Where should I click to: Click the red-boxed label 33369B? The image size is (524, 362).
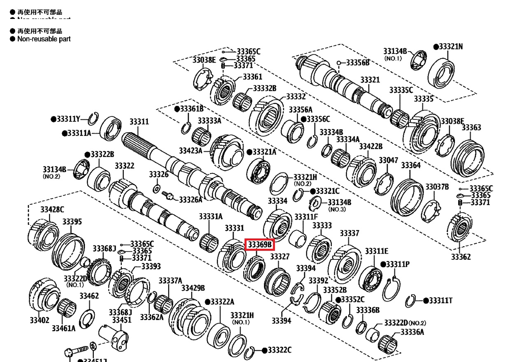pyautogui.click(x=259, y=245)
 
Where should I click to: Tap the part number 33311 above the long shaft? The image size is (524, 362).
pyautogui.click(x=139, y=122)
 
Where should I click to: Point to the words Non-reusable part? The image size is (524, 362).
pyautogui.click(x=44, y=39)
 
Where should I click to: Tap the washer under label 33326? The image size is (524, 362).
pyautogui.click(x=157, y=189)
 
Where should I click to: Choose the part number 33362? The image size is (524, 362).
pyautogui.click(x=461, y=257)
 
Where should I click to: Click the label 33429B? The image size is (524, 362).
pyautogui.click(x=193, y=288)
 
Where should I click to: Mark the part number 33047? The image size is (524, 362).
pyautogui.click(x=389, y=160)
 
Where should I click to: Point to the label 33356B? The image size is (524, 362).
pyautogui.click(x=357, y=63)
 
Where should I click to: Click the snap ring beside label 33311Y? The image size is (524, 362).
pyautogui.click(x=93, y=119)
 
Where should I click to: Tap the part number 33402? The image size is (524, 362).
pyautogui.click(x=40, y=320)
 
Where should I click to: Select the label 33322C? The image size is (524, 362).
pyautogui.click(x=279, y=350)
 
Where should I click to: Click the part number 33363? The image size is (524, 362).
pyautogui.click(x=471, y=127)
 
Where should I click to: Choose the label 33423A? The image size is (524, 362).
pyautogui.click(x=191, y=151)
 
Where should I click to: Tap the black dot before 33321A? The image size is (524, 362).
pyautogui.click(x=249, y=152)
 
